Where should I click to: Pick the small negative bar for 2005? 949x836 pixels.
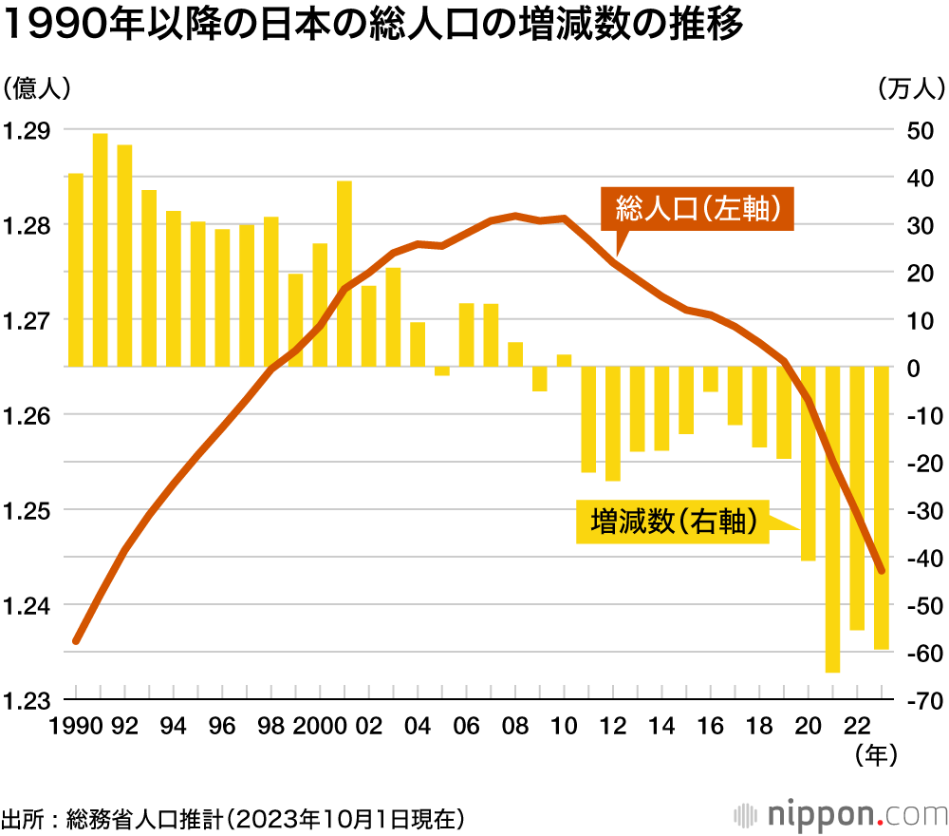coord(442,370)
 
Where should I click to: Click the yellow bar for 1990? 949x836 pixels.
coord(76,270)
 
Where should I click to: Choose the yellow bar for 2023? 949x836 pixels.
coord(881,507)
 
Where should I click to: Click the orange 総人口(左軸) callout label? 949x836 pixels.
coord(697,208)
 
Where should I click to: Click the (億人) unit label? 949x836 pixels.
coord(36,88)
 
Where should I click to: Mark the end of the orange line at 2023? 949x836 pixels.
coord(882,570)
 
